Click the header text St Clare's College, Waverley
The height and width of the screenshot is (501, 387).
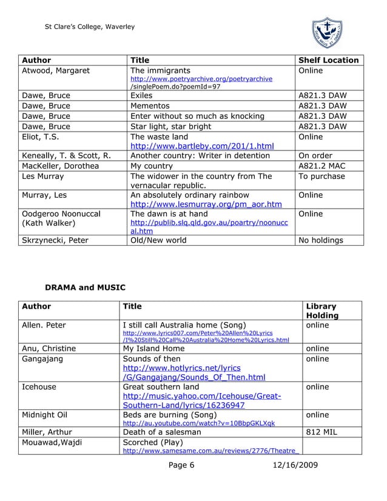pyautogui.click(x=90, y=27)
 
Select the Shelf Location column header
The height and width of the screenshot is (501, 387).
pyautogui.click(x=328, y=60)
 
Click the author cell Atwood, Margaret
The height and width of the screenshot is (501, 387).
pyautogui.click(x=56, y=70)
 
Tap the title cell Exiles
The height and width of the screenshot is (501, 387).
pyautogui.click(x=142, y=95)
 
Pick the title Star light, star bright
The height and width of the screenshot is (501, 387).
pyautogui.click(x=171, y=126)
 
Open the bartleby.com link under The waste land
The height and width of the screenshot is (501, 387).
pyautogui.click(x=202, y=146)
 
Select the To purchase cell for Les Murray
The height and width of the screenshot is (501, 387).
pyautogui.click(x=321, y=176)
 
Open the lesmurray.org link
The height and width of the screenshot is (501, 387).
pyautogui.click(x=206, y=204)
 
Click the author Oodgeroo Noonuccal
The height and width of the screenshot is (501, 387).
pyautogui.click(x=61, y=214)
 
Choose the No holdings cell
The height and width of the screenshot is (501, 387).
pyautogui.click(x=320, y=240)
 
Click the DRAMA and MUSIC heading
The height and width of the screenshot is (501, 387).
pyautogui.click(x=85, y=287)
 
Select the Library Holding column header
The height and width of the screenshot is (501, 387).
pyautogui.click(x=322, y=311)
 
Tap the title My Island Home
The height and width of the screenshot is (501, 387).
pyautogui.click(x=153, y=348)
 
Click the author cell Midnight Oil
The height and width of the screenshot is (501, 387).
pyautogui.click(x=47, y=415)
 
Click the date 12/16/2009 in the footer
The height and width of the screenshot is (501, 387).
pyautogui.click(x=294, y=465)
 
